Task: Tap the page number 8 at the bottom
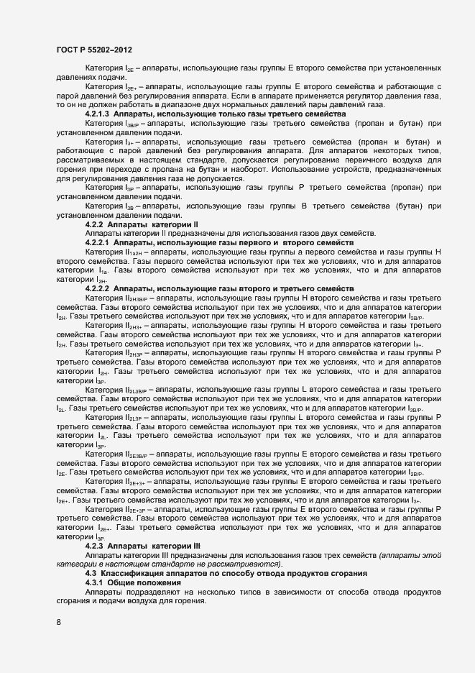click(x=58, y=621)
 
